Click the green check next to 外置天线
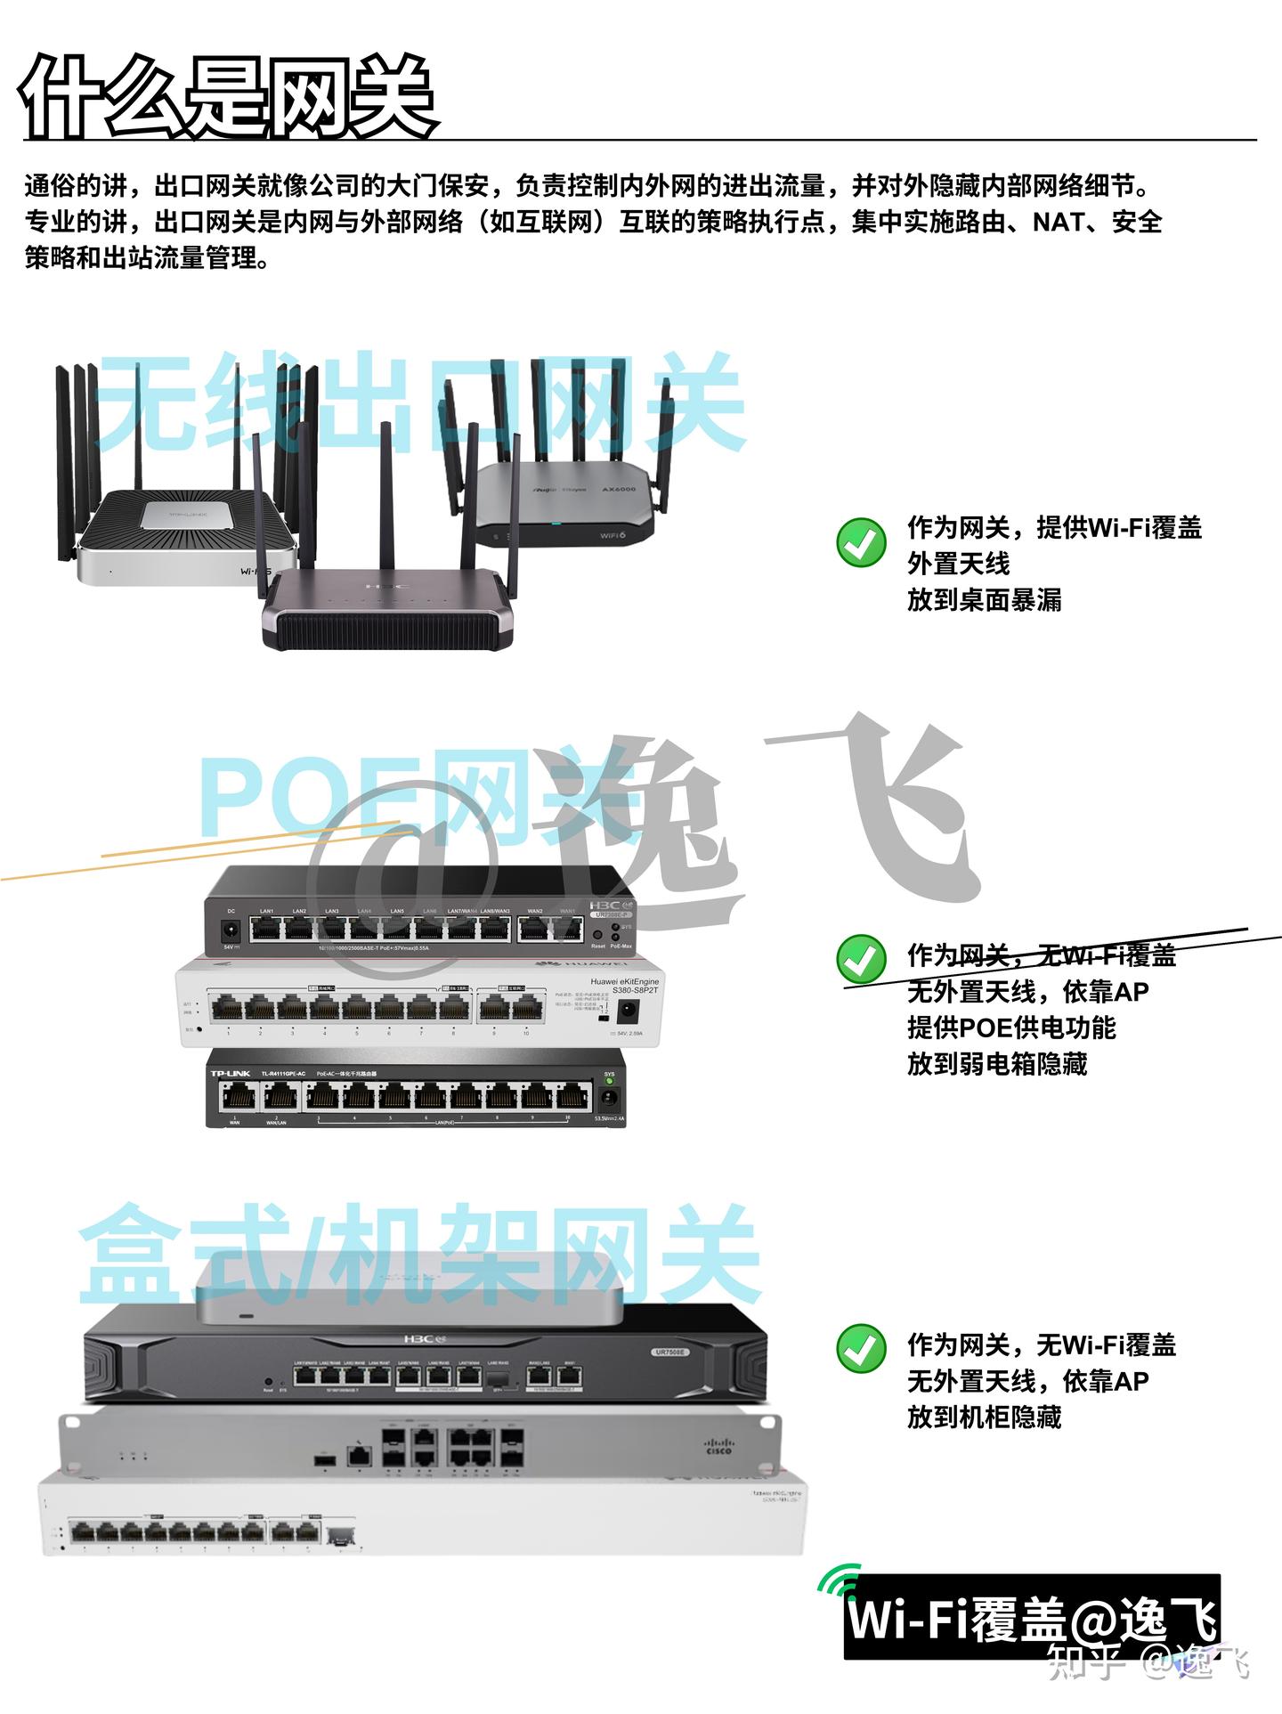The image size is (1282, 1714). coord(861,542)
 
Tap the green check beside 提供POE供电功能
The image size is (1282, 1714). coord(861,958)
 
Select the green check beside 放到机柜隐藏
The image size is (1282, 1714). coord(861,1349)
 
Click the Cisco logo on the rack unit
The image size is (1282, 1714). coord(718,1446)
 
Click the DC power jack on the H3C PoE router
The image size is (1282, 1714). coord(231,931)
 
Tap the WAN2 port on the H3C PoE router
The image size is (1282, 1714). coord(535,930)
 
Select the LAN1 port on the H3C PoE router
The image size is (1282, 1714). coord(266,930)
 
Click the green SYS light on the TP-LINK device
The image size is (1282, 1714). coord(610,1083)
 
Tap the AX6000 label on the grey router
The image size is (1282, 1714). coord(619,490)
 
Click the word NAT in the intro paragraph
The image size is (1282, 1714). coord(1056,222)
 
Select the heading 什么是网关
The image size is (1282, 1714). coord(228,96)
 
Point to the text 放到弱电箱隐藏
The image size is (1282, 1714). coord(997,1064)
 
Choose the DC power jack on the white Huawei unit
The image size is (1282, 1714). coord(628,1011)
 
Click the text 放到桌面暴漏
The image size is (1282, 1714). coord(984,600)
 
